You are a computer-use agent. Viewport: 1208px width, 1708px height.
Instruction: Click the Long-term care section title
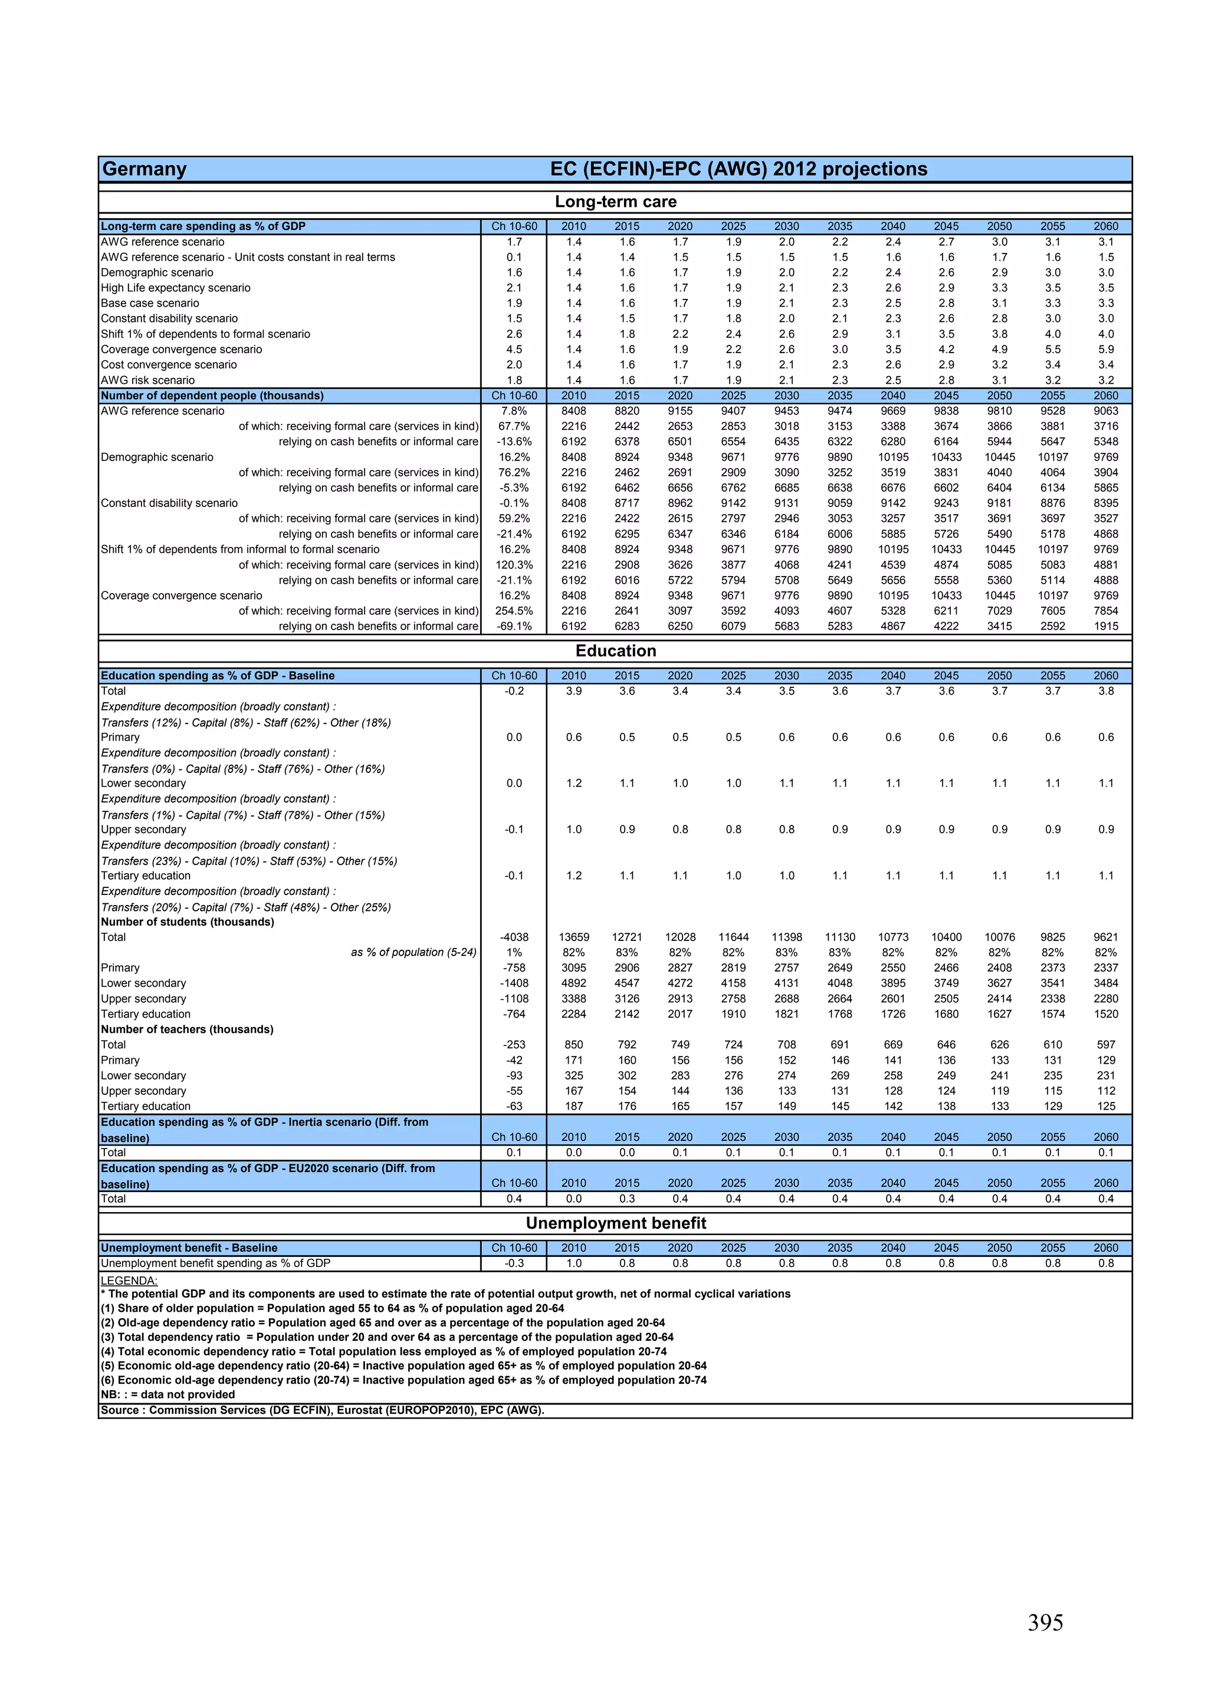616,202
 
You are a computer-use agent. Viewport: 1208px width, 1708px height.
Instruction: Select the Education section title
616,651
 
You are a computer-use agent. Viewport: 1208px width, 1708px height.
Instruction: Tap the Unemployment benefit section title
616,1223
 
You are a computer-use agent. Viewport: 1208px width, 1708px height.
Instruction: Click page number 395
1045,1623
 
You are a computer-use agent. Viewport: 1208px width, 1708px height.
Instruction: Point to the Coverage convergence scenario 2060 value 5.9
1106,350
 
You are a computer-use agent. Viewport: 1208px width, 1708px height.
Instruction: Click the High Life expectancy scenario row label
176,288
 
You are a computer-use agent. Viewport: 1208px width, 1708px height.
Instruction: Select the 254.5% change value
514,611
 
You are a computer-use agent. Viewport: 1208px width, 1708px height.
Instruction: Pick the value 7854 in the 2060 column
1106,611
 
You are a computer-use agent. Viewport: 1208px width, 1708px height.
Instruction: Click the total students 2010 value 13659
573,937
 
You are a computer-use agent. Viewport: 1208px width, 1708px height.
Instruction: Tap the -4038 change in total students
514,937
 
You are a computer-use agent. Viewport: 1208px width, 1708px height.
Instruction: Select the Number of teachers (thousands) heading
187,1029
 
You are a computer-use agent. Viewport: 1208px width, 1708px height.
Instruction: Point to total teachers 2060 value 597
1106,1045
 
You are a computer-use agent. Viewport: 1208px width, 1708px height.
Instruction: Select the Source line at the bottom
322,1410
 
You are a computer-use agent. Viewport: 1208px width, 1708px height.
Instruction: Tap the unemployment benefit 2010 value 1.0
573,1263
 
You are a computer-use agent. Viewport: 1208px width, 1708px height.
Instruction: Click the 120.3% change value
514,565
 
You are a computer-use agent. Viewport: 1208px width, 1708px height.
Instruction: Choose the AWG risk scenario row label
147,380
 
